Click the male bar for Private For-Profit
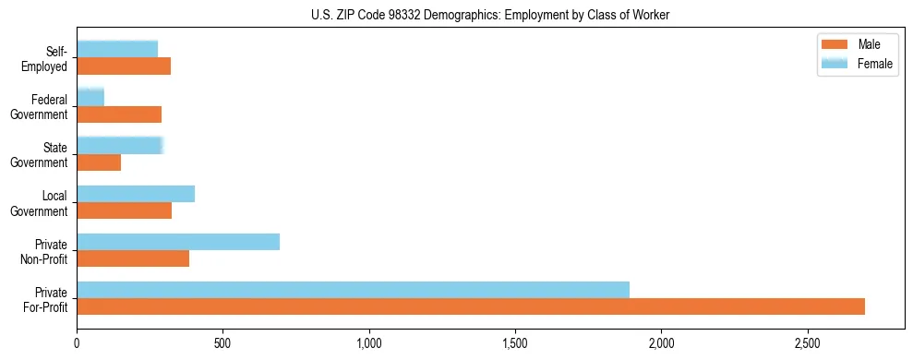pyautogui.click(x=471, y=306)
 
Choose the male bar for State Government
pyautogui.click(x=99, y=162)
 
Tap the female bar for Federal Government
pyautogui.click(x=90, y=97)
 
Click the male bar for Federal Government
pyautogui.click(x=119, y=114)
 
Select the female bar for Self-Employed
pyautogui.click(x=117, y=49)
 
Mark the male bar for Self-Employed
pyautogui.click(x=124, y=66)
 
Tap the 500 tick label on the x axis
pyautogui.click(x=222, y=344)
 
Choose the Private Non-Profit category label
pyautogui.click(x=44, y=251)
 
